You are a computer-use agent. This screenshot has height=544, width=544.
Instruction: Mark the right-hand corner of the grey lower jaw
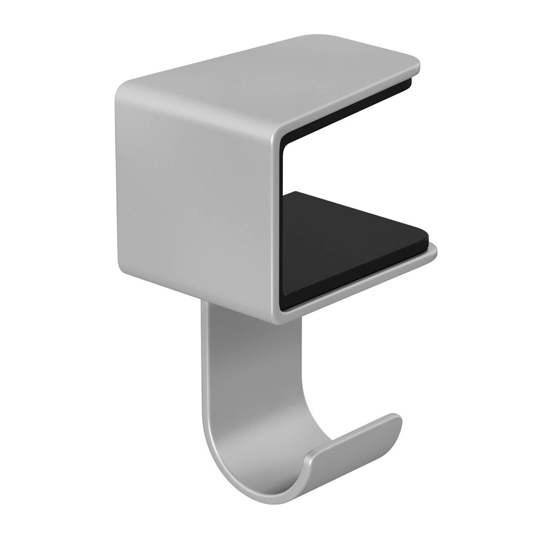[435, 251]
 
